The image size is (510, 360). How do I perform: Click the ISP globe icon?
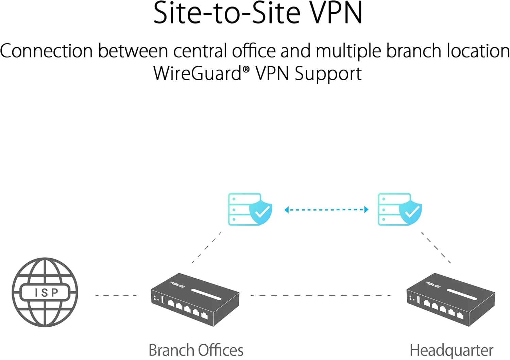(x=45, y=292)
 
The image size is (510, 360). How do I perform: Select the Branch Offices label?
(x=196, y=350)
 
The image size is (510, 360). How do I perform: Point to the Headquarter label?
(x=451, y=350)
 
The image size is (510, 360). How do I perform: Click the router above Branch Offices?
(x=195, y=299)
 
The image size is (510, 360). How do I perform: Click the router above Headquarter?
(x=451, y=299)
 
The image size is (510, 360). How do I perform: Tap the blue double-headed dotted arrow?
(x=326, y=210)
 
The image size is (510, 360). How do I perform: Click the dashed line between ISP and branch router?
(x=116, y=295)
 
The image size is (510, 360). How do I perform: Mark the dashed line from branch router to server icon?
(x=206, y=248)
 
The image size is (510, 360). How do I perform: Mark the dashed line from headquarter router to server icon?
(x=436, y=248)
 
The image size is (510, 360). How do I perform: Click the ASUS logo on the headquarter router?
(x=432, y=284)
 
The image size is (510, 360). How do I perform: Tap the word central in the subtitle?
(x=200, y=51)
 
